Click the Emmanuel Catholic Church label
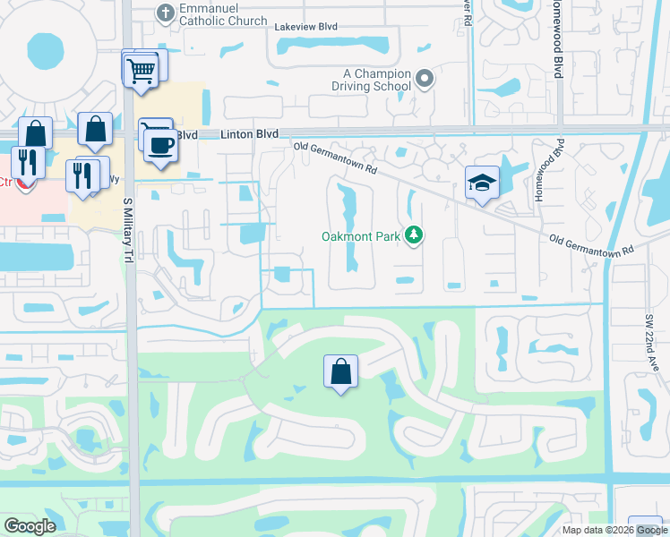point(224,14)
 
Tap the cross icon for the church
point(164,13)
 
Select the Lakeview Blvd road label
point(305,27)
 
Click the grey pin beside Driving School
point(425,80)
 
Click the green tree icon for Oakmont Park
point(413,235)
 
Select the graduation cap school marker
point(482,183)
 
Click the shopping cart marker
point(141,70)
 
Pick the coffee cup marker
point(160,145)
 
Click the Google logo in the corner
point(30,526)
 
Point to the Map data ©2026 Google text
point(614,530)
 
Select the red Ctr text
point(4,182)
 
